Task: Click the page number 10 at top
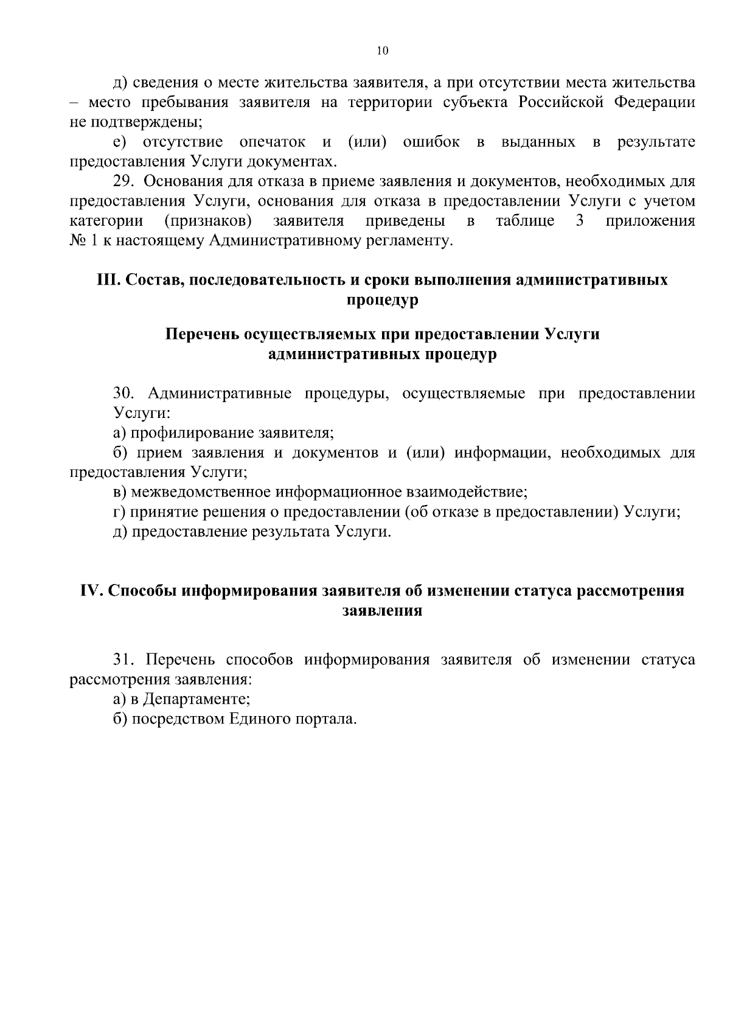click(x=382, y=51)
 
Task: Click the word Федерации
click(x=653, y=102)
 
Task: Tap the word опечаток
click(x=272, y=142)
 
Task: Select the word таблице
click(x=524, y=220)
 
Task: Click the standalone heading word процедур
click(x=382, y=300)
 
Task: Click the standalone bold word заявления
click(x=382, y=611)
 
